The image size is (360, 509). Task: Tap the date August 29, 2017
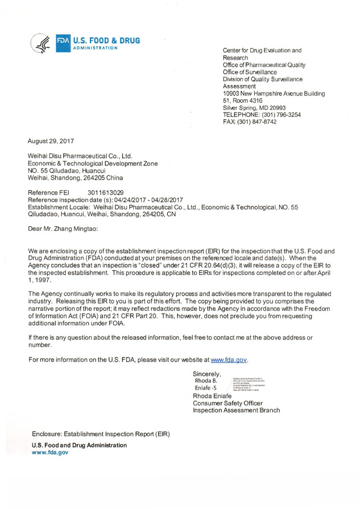tap(51, 141)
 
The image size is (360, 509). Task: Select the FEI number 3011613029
tap(106, 192)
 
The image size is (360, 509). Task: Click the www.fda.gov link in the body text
tap(228, 359)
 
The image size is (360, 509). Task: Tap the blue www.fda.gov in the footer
tap(50, 452)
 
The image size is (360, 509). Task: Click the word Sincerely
tap(206, 373)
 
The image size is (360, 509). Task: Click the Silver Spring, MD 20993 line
tap(254, 107)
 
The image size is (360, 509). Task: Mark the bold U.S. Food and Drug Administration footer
tap(79, 445)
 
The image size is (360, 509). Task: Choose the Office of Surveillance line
tap(250, 72)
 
